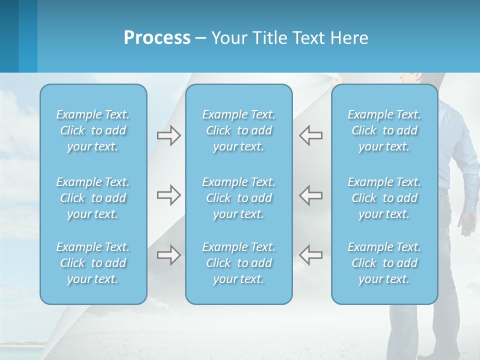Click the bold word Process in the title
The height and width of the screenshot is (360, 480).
(157, 38)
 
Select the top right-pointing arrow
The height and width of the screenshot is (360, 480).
(168, 135)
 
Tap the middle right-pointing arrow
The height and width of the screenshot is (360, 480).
(168, 195)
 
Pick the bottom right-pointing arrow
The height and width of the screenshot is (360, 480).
(168, 255)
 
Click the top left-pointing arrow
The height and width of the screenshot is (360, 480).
(310, 135)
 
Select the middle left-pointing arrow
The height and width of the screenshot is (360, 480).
(310, 195)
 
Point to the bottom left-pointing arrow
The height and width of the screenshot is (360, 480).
(310, 255)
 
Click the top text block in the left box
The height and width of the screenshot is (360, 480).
(93, 130)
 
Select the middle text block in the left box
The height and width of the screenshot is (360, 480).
(93, 198)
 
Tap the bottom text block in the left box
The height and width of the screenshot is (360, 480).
(93, 263)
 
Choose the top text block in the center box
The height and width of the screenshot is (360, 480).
(238, 130)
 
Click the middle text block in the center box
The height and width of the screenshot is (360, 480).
(238, 198)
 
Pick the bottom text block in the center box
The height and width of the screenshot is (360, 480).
(238, 263)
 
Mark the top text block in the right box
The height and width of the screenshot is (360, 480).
(384, 130)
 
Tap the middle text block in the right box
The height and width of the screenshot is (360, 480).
(384, 198)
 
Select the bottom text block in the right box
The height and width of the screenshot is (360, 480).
(384, 263)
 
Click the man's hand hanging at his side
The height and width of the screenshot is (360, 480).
(467, 222)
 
